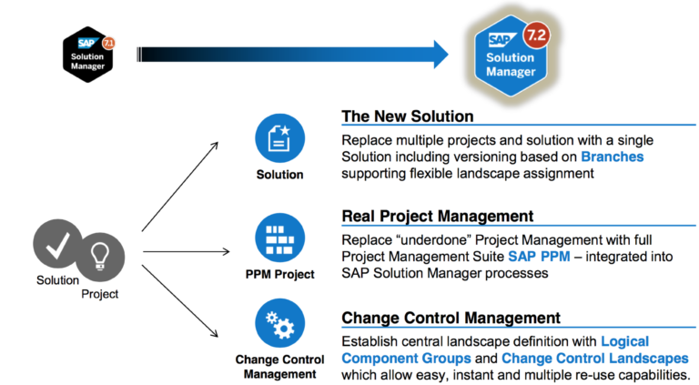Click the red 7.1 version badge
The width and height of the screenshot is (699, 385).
click(109, 42)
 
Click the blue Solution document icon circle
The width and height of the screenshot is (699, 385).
click(278, 139)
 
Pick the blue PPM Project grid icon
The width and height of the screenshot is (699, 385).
click(278, 238)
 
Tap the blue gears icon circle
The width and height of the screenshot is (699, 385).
click(278, 324)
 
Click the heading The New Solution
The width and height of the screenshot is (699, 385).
click(407, 117)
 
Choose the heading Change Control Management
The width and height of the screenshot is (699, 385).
click(451, 318)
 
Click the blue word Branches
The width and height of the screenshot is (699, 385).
click(612, 157)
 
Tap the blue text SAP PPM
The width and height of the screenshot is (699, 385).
click(539, 257)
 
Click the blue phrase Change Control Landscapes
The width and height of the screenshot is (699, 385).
click(594, 358)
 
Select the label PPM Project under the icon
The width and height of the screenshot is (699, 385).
click(278, 273)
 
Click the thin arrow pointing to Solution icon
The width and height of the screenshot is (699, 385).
click(179, 186)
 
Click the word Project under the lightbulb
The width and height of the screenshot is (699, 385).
click(100, 293)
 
